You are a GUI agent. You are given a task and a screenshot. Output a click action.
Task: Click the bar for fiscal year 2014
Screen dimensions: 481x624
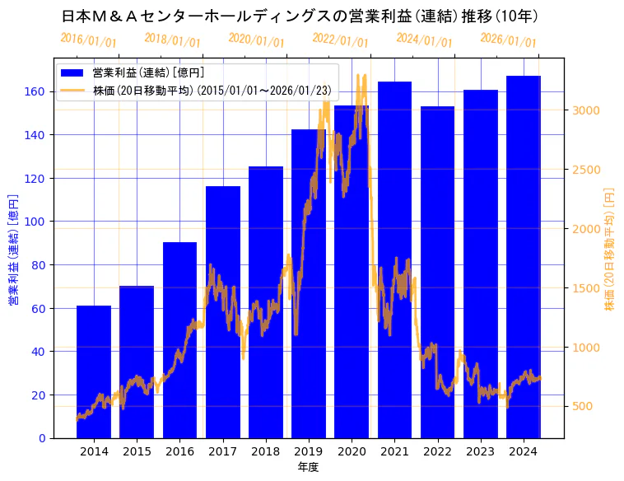(x=94, y=371)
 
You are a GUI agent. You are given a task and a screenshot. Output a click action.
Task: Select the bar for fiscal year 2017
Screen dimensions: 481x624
(x=223, y=312)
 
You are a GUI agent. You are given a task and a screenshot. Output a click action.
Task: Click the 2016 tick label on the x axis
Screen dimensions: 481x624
(x=179, y=451)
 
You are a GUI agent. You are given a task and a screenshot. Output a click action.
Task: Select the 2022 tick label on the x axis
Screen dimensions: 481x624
(x=437, y=451)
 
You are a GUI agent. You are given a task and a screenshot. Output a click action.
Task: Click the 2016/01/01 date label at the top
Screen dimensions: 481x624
(x=89, y=40)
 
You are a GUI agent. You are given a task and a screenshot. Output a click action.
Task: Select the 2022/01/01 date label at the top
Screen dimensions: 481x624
(x=341, y=40)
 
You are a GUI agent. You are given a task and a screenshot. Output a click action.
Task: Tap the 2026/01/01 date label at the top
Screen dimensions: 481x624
(x=508, y=40)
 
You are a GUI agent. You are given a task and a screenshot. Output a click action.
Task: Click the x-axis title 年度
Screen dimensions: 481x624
(x=309, y=467)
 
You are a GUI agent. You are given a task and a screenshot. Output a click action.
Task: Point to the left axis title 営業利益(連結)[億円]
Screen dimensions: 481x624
(x=12, y=250)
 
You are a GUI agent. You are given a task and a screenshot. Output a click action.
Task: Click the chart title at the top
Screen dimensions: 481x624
(x=300, y=16)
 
